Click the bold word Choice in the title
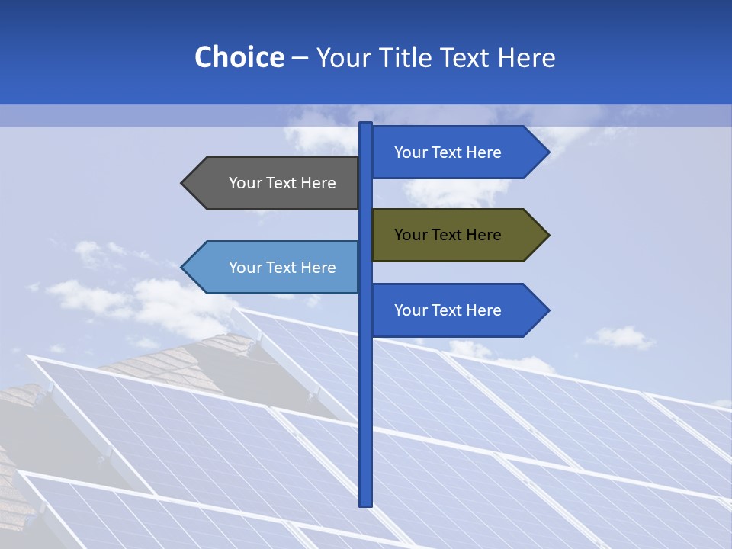[x=239, y=57]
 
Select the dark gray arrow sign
[x=274, y=183]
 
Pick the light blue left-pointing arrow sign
[x=274, y=268]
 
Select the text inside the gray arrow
[x=282, y=183]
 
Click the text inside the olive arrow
[x=448, y=235]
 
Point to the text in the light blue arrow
[x=282, y=268]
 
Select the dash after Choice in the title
[x=300, y=58]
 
